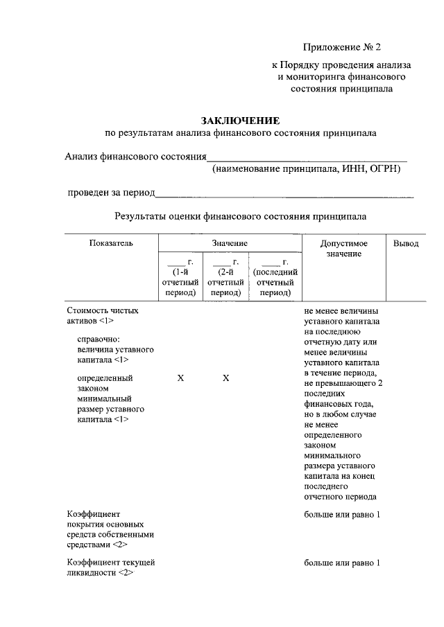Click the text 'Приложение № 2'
tap(342, 47)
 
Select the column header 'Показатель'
tap(111, 243)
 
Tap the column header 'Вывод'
tap(406, 243)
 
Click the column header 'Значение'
tap(230, 244)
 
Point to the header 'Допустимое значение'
tap(343, 249)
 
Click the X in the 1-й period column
tap(180, 378)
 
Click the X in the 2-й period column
tap(225, 378)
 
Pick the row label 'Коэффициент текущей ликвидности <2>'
tap(110, 567)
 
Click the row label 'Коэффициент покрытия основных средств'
tap(110, 529)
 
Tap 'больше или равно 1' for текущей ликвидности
tap(342, 563)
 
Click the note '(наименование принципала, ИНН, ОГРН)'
tap(307, 168)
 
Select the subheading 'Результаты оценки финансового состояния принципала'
tap(240, 216)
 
